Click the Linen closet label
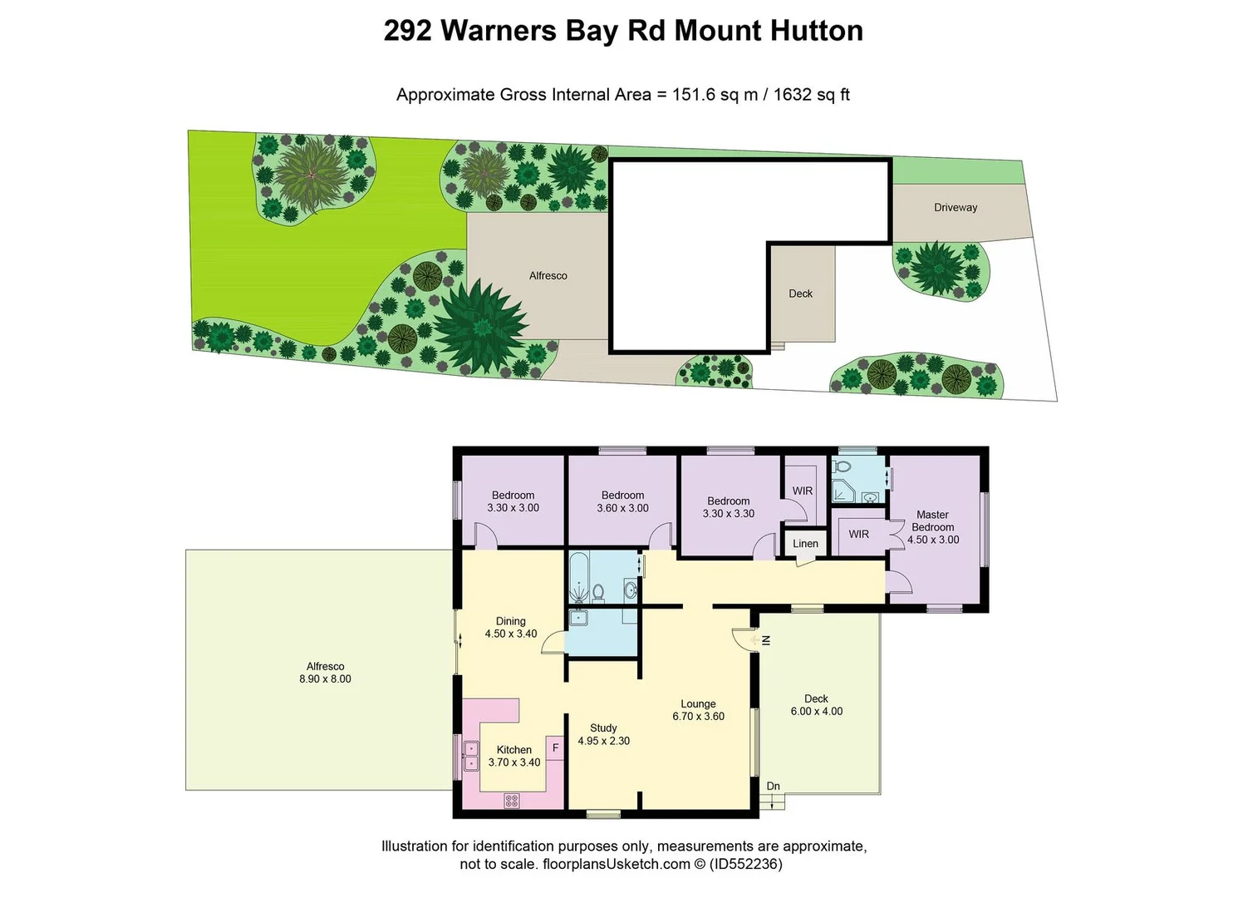click(x=805, y=544)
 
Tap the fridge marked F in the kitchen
click(x=555, y=748)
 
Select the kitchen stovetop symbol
click(x=512, y=801)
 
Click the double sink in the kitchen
click(x=470, y=756)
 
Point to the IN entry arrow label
click(x=766, y=640)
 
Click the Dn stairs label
click(x=774, y=787)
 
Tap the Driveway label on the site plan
click(x=956, y=208)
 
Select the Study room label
click(x=603, y=728)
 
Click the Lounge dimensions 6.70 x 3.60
click(x=698, y=717)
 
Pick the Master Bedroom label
click(x=932, y=521)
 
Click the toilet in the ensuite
click(x=842, y=466)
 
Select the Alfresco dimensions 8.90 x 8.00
click(x=325, y=679)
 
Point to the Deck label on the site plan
click(x=800, y=294)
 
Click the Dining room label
click(x=510, y=621)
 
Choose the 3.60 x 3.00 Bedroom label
click(x=622, y=501)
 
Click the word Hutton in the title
click(x=816, y=31)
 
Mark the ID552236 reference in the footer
click(x=745, y=864)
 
